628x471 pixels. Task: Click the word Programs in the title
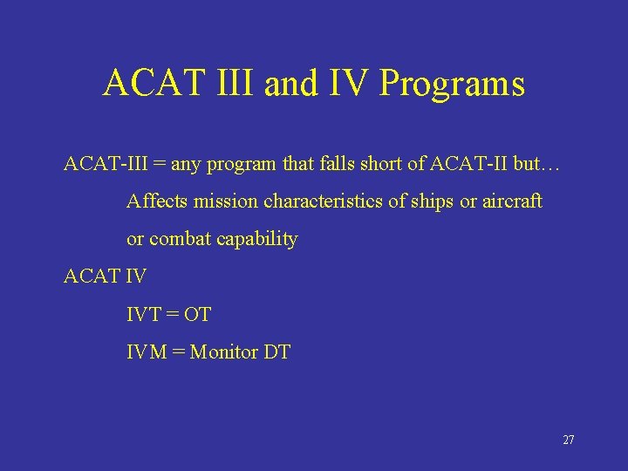[453, 84]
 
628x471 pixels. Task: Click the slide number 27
[568, 440]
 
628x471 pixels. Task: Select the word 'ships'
[433, 201]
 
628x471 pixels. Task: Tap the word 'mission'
[226, 201]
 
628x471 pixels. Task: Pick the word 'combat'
[180, 239]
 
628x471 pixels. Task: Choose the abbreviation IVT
[142, 314]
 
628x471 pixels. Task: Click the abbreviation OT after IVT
[198, 314]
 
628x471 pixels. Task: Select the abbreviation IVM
[146, 352]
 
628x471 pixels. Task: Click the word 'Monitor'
[224, 352]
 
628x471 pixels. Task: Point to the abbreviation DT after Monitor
[276, 352]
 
